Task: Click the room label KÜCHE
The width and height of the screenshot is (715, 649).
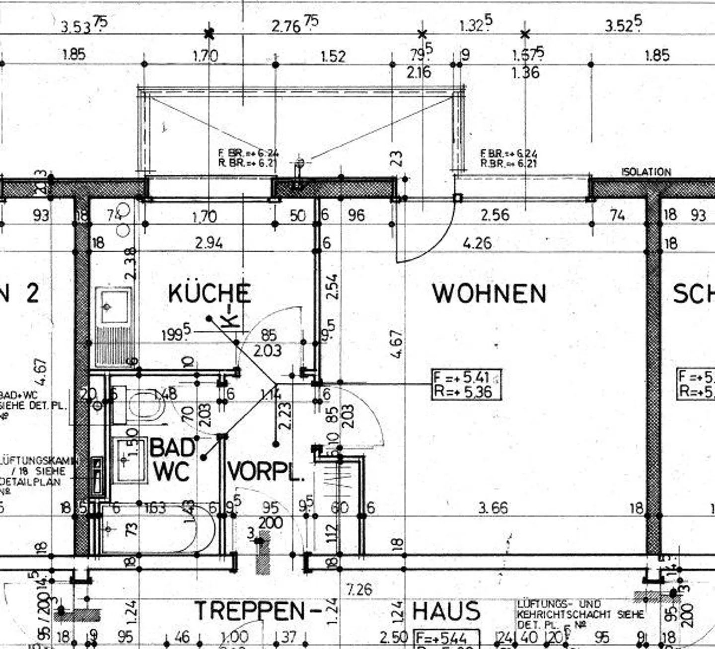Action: tap(209, 293)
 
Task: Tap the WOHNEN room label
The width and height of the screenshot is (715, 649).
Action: tap(489, 293)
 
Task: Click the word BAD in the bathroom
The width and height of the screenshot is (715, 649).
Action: tap(172, 447)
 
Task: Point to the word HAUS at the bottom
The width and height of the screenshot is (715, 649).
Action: tap(446, 611)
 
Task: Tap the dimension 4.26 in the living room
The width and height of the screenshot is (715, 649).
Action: tap(477, 243)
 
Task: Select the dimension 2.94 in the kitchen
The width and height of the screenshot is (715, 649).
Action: tap(209, 243)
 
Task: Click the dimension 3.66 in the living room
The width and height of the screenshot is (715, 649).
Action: tap(493, 508)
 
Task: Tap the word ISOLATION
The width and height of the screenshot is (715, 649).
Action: tap(646, 172)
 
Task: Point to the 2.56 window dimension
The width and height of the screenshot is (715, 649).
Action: tap(495, 215)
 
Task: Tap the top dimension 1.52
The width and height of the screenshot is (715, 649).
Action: tap(333, 56)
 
